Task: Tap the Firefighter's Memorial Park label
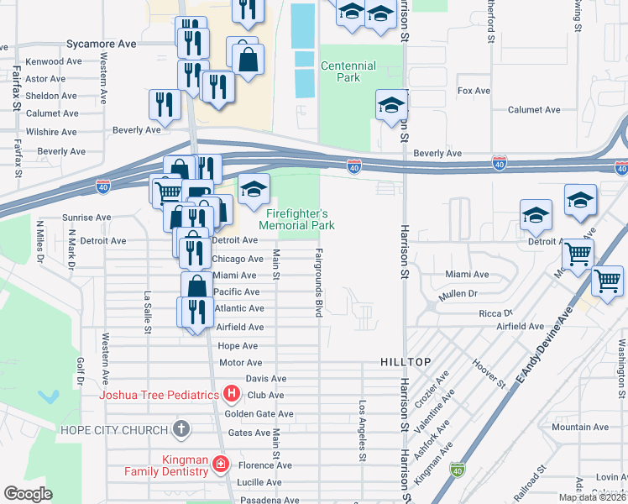click(297, 219)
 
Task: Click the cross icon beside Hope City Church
click(180, 429)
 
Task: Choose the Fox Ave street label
click(474, 91)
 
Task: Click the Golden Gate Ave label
click(259, 414)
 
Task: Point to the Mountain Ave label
click(580, 428)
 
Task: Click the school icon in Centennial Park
click(391, 106)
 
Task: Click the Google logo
click(28, 494)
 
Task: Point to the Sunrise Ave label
click(86, 218)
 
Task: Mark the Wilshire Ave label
click(51, 132)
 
